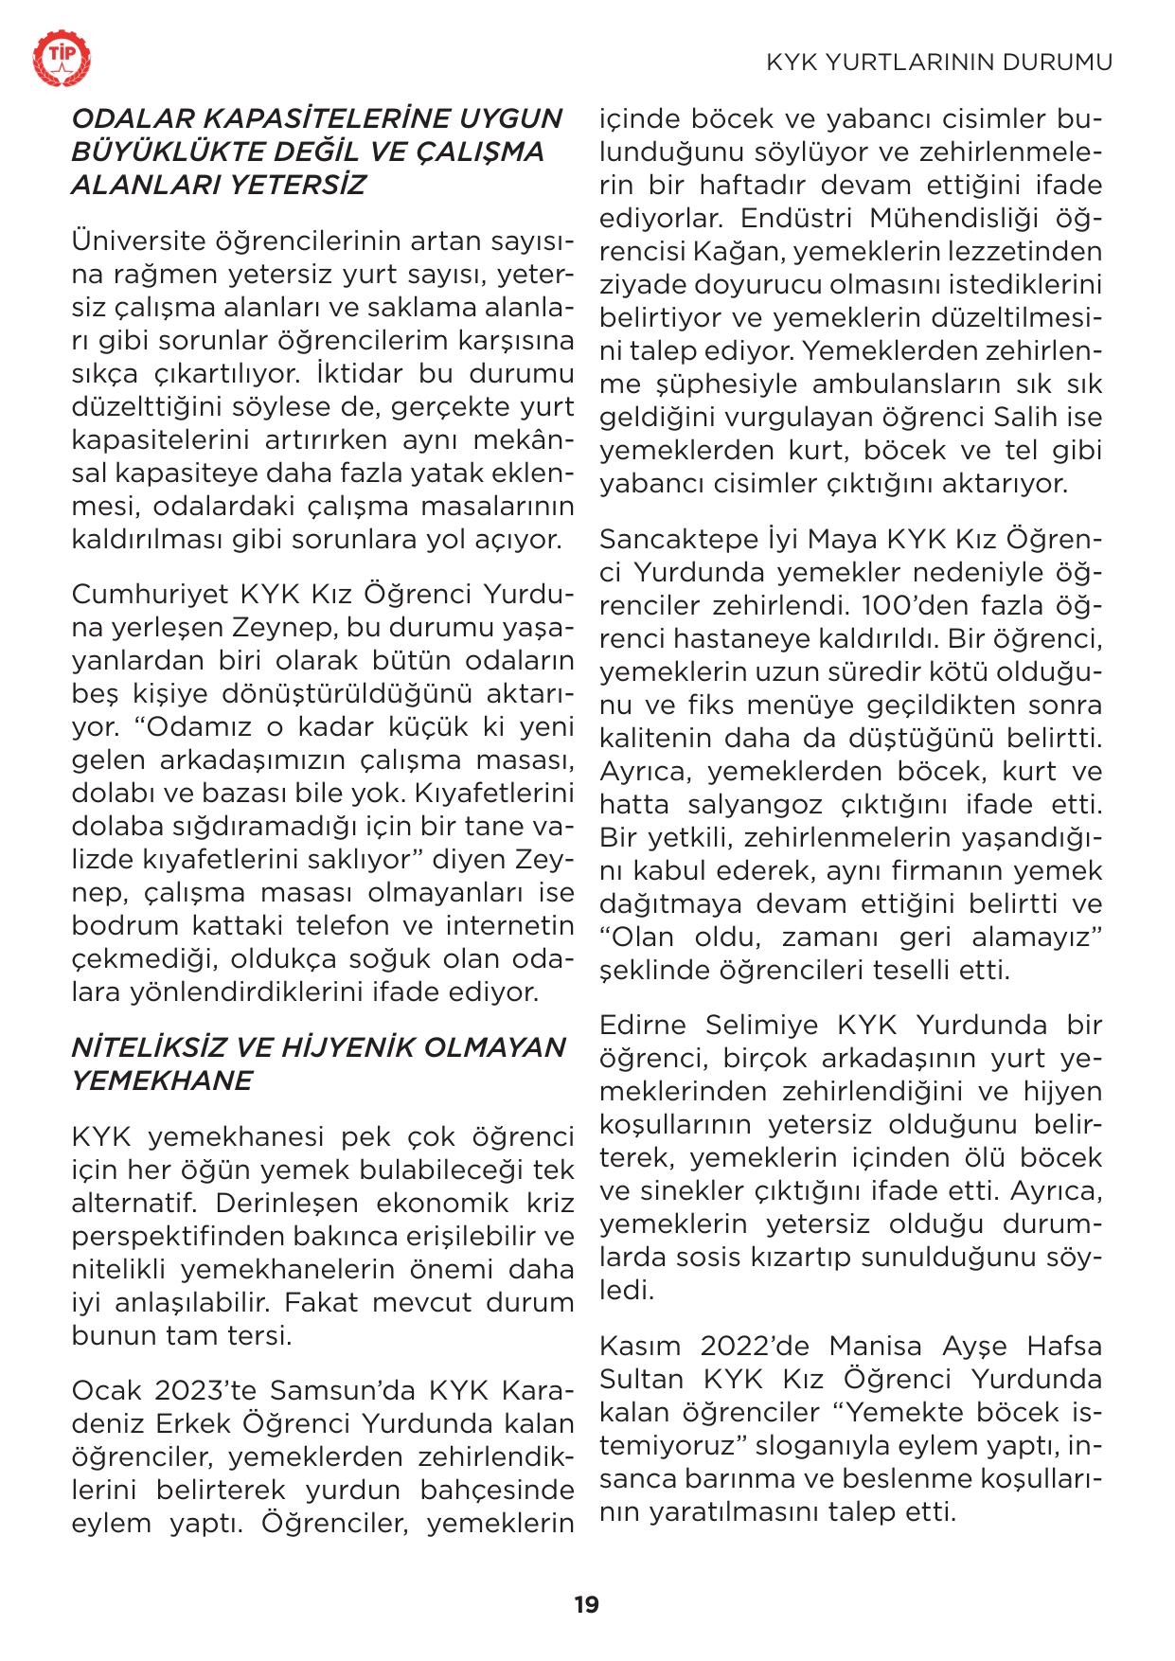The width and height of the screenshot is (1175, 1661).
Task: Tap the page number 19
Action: [586, 1604]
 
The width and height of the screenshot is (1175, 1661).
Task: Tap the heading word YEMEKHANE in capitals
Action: [162, 1081]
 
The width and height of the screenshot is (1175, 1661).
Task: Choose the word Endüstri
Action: [783, 218]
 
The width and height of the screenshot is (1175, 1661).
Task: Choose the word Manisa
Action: [876, 1345]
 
